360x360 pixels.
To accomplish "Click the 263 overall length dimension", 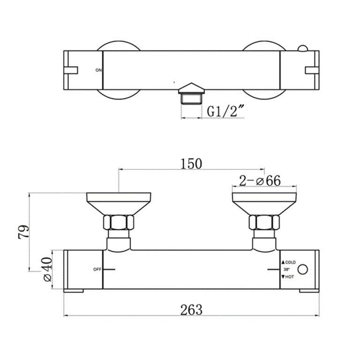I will point(191,309).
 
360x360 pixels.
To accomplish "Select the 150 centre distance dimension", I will point(191,164).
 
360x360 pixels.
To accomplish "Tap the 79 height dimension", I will point(24,231).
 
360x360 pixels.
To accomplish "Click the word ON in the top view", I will point(98,70).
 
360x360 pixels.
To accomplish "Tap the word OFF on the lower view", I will point(97,270).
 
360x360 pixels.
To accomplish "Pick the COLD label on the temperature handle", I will point(290,262).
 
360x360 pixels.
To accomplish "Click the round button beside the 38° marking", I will point(304,270).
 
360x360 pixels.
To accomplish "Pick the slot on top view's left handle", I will point(71,70).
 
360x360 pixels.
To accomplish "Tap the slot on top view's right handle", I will point(312,70).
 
